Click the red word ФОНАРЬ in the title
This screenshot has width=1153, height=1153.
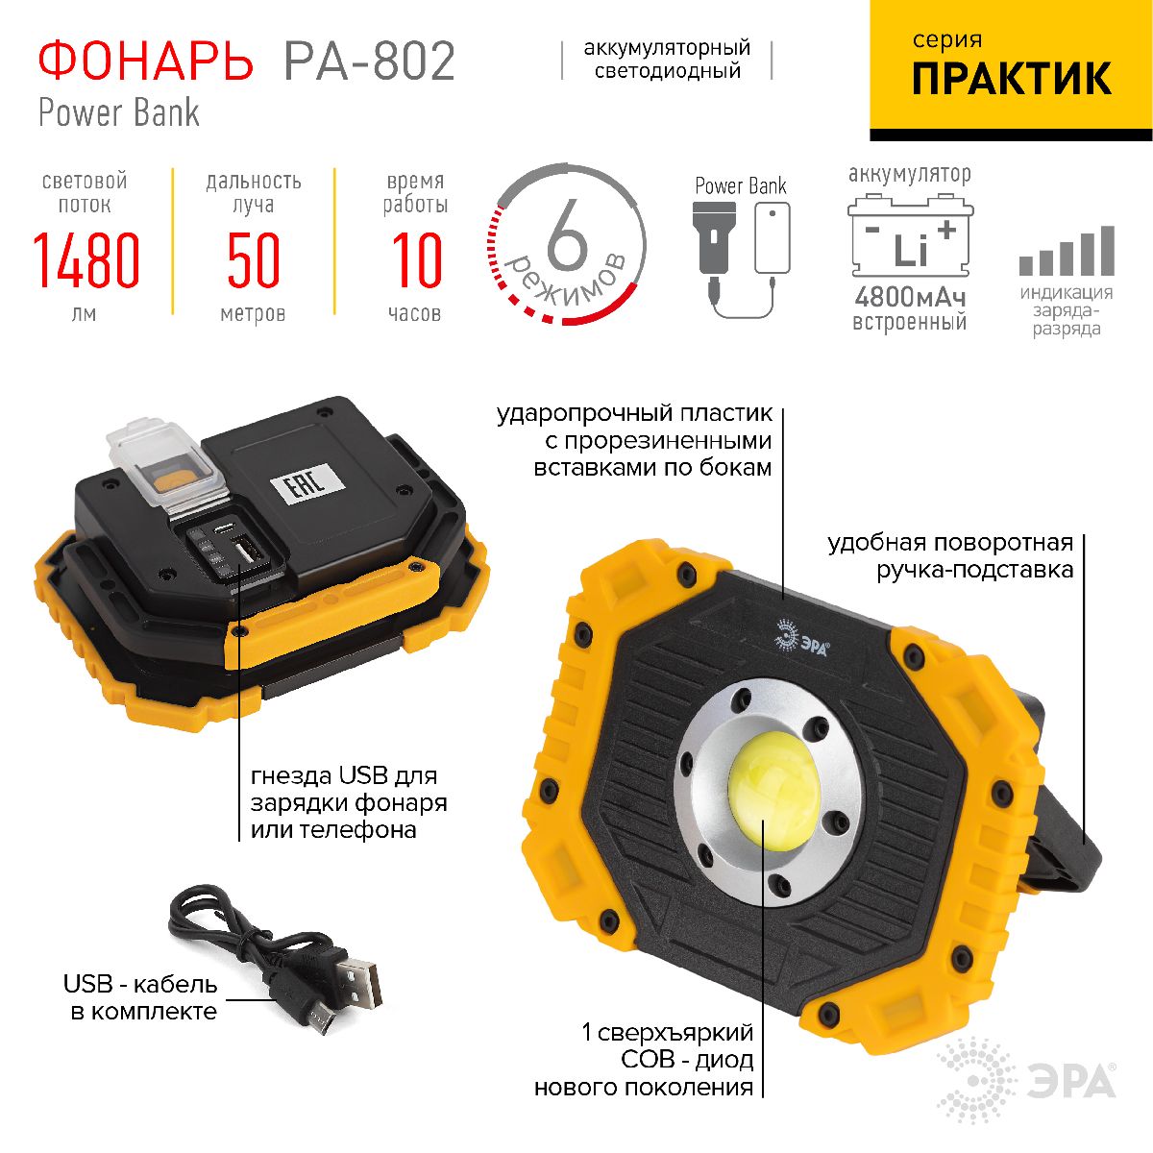click(145, 61)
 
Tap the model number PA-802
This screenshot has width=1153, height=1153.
click(369, 61)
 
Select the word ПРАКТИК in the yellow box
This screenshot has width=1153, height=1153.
click(1011, 79)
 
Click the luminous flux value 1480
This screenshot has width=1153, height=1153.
click(86, 261)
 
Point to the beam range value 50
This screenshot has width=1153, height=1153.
click(253, 261)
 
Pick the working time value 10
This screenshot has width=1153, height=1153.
click(416, 261)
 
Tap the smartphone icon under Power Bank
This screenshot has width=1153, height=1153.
click(772, 238)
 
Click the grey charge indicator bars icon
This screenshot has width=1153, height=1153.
click(1067, 252)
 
